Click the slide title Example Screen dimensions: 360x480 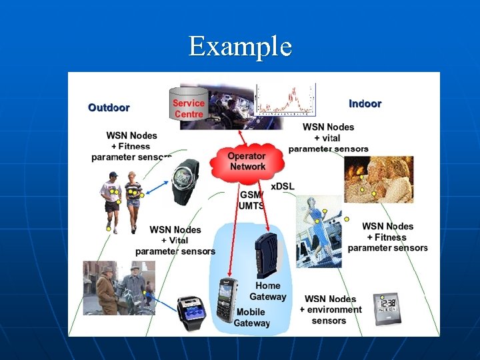click(x=240, y=47)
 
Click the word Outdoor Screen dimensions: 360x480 click(x=109, y=107)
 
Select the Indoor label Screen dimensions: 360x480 click(x=365, y=103)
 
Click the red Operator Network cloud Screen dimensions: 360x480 click(x=246, y=161)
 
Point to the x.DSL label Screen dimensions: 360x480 click(x=282, y=186)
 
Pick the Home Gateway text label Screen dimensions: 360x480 click(x=268, y=291)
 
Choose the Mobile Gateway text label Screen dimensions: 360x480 click(x=252, y=317)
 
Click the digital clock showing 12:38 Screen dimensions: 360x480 click(x=387, y=307)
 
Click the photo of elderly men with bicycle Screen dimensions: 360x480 click(x=118, y=287)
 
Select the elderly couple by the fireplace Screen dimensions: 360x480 click(x=378, y=179)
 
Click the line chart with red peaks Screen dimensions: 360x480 click(x=285, y=98)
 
